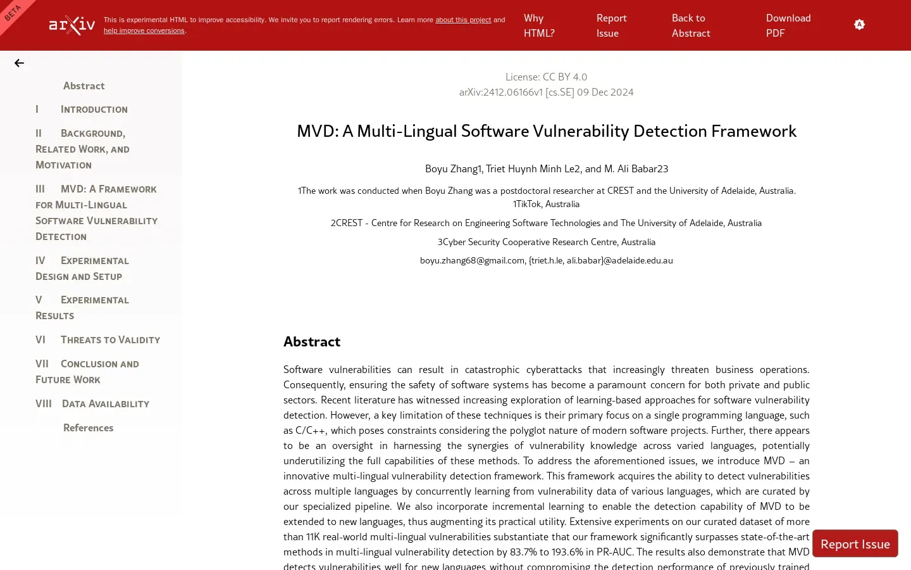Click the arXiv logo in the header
pyautogui.click(x=72, y=25)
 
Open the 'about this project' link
pyautogui.click(x=462, y=20)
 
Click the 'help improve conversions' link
pyautogui.click(x=144, y=31)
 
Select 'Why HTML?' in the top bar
pyautogui.click(x=538, y=25)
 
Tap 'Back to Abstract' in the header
pyautogui.click(x=690, y=25)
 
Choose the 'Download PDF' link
pyautogui.click(x=788, y=25)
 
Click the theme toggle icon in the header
pyautogui.click(x=859, y=25)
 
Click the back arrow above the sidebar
pyautogui.click(x=19, y=63)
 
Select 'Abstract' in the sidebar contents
pyautogui.click(x=84, y=86)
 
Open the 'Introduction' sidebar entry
pyautogui.click(x=94, y=110)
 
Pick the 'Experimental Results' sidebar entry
pyautogui.click(x=82, y=308)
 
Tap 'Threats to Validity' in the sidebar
pyautogui.click(x=110, y=340)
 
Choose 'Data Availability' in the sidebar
pyautogui.click(x=105, y=404)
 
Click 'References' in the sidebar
pyautogui.click(x=88, y=428)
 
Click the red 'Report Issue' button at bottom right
pyautogui.click(x=855, y=544)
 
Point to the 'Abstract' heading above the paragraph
pyautogui.click(x=312, y=342)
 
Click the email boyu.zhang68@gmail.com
pyautogui.click(x=472, y=261)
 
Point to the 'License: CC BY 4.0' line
pyautogui.click(x=546, y=77)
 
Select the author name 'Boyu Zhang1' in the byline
pyautogui.click(x=452, y=169)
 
